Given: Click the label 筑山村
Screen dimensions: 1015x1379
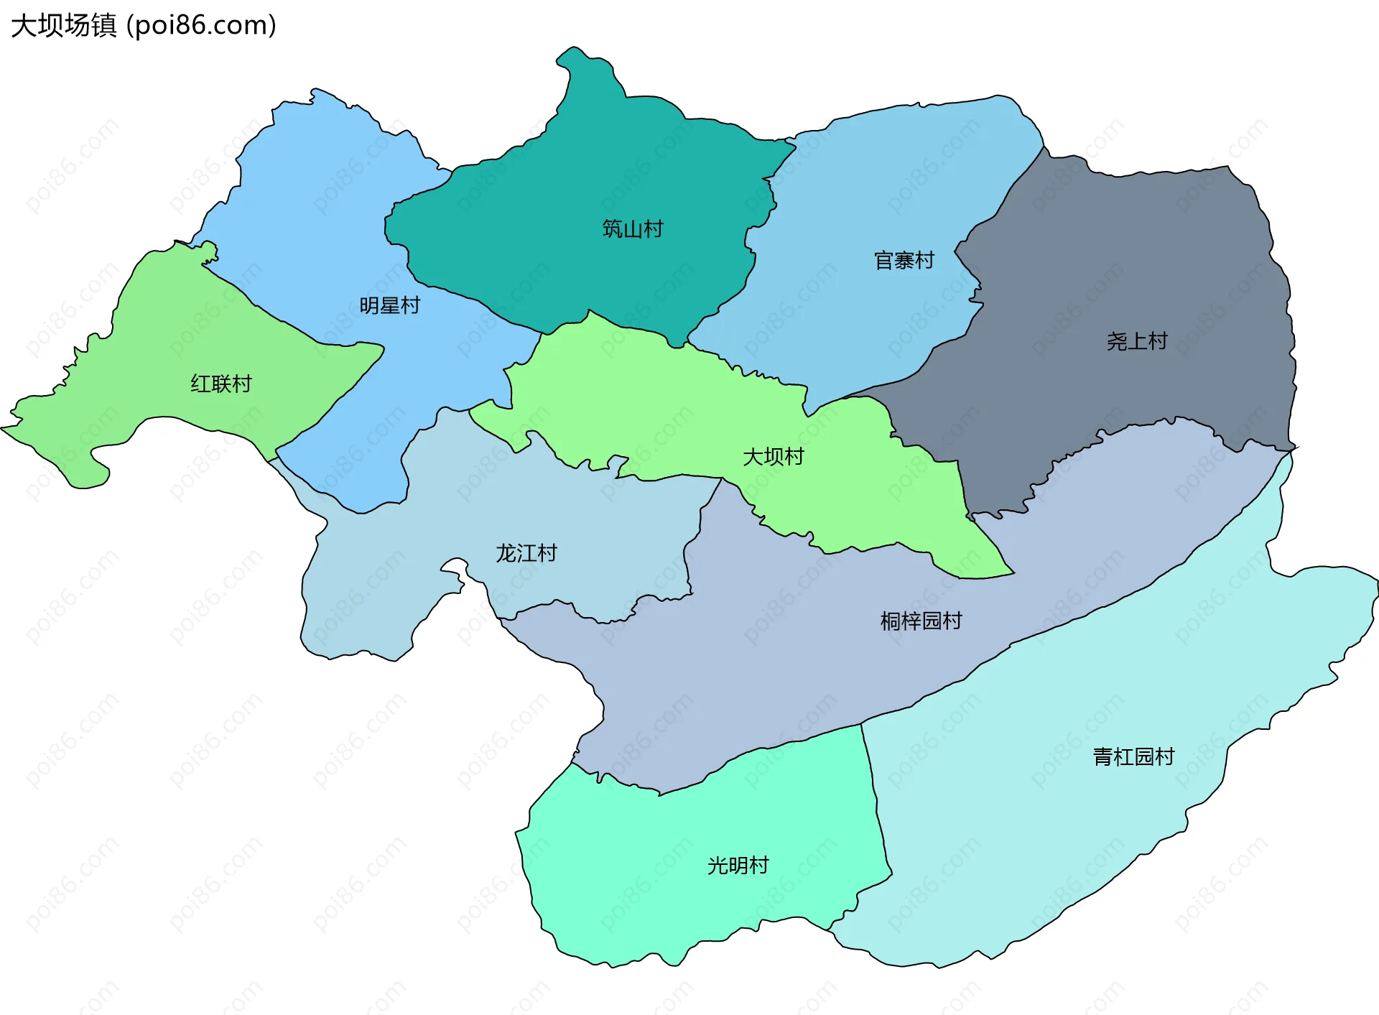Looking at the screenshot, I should [x=632, y=229].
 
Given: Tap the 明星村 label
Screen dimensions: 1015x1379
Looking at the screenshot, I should [x=389, y=306].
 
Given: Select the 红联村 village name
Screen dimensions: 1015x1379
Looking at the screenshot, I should [x=221, y=384].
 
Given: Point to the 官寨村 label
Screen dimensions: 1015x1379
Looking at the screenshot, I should [x=904, y=261].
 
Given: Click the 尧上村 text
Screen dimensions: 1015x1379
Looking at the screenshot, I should [x=1137, y=341].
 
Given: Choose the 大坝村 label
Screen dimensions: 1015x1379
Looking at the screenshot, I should [x=773, y=457].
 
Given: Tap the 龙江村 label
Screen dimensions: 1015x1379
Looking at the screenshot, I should [x=526, y=553].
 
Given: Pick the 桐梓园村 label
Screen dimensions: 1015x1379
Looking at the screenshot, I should [x=921, y=621].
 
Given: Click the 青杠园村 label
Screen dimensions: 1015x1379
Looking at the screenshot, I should [x=1133, y=756].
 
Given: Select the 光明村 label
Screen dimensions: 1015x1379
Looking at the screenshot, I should [x=738, y=866].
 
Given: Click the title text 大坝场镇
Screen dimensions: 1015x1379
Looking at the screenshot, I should [x=63, y=26].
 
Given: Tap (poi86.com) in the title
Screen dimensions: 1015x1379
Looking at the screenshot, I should [x=201, y=26].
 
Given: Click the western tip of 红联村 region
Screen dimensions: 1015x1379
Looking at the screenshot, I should [x=6, y=428].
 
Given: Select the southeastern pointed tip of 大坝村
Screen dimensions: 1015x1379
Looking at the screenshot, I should [x=1011, y=573].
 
